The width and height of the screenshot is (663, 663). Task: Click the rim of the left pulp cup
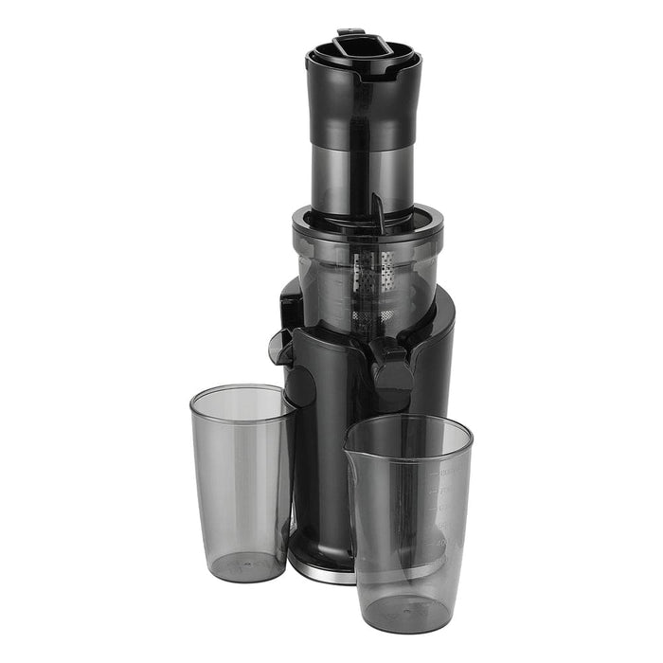[242, 390]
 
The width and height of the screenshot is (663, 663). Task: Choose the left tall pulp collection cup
[242, 483]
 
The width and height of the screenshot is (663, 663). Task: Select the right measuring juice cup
[410, 521]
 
